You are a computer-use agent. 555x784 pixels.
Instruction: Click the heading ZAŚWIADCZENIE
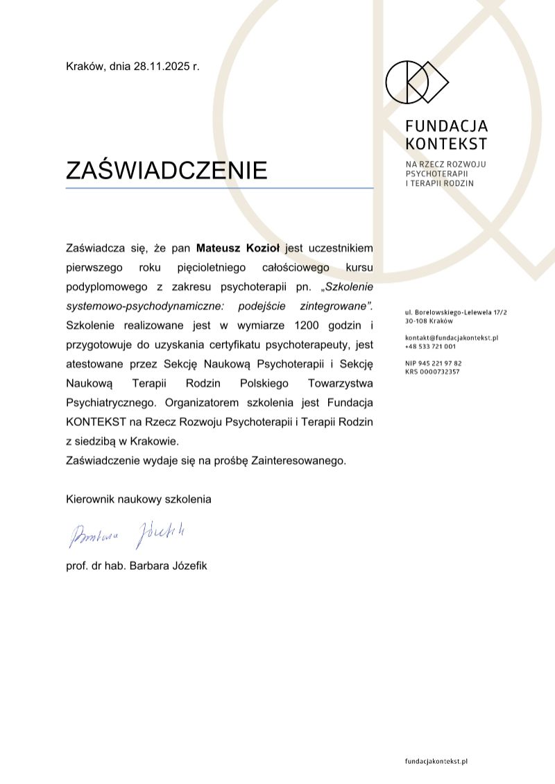(x=166, y=170)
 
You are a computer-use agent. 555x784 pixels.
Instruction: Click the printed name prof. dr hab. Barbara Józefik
(x=136, y=565)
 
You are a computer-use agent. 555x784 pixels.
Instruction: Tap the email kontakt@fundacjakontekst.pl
(x=452, y=337)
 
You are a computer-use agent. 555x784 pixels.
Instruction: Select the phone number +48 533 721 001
(x=430, y=346)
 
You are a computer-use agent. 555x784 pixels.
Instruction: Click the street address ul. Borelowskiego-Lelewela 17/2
(x=456, y=313)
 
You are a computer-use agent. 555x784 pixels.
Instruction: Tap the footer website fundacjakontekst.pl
(x=436, y=761)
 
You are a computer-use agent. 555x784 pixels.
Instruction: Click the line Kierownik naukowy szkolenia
(x=139, y=498)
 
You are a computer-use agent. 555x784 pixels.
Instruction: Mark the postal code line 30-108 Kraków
(x=429, y=321)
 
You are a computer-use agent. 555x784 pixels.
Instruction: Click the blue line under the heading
(x=219, y=188)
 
